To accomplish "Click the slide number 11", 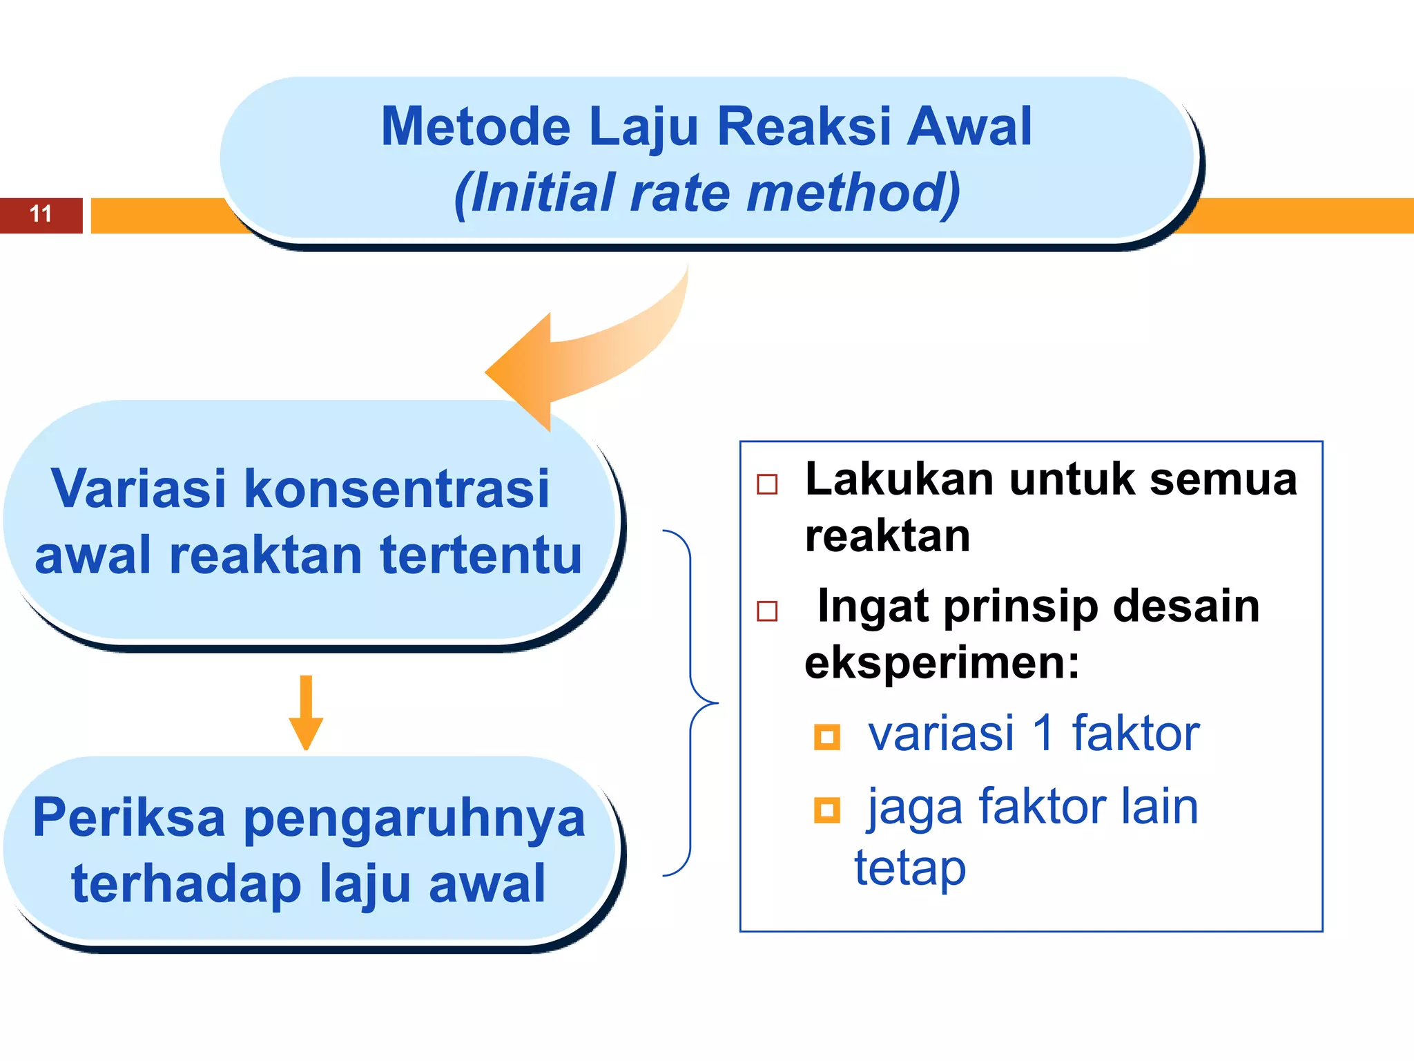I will pyautogui.click(x=41, y=214).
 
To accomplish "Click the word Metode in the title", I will pyautogui.click(x=476, y=127).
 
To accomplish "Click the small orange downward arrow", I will pyautogui.click(x=306, y=714).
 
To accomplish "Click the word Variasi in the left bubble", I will pyautogui.click(x=138, y=489).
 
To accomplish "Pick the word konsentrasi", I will pyautogui.click(x=397, y=489).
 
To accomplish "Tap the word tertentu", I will pyautogui.click(x=481, y=555).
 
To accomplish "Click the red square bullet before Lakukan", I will pyautogui.click(x=767, y=484).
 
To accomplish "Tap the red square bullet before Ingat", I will pyautogui.click(x=767, y=611).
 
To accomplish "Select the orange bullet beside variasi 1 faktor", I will pyautogui.click(x=826, y=737).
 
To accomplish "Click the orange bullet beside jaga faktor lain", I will pyautogui.click(x=826, y=810).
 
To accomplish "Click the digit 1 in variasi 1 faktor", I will pyautogui.click(x=1043, y=734).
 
